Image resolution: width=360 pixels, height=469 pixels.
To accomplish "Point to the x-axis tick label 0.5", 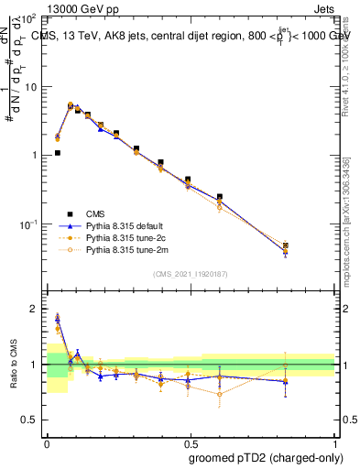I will tap(191, 441).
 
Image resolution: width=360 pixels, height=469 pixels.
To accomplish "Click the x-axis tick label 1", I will tap(335, 441).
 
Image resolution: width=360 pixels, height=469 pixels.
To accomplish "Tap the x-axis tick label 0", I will tap(47, 441).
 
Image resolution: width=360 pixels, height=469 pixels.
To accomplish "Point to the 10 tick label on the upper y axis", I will tap(30, 87).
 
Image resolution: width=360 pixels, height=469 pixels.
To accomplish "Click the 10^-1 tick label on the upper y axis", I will tap(28, 224).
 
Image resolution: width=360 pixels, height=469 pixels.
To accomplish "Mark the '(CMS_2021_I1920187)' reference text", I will tap(191, 273).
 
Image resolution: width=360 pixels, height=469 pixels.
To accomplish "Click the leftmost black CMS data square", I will tap(58, 153).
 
